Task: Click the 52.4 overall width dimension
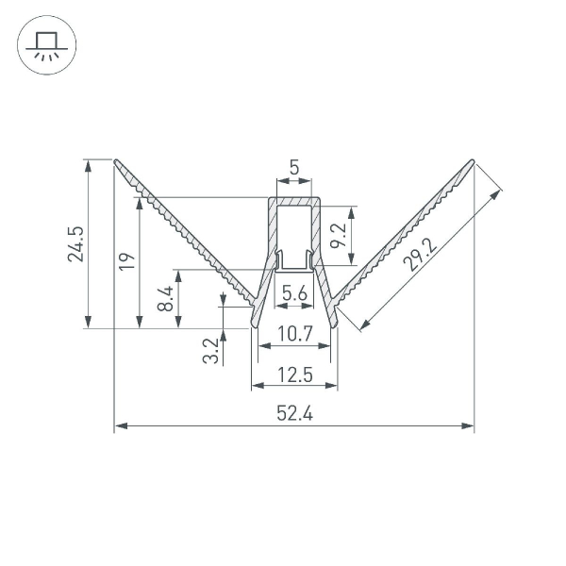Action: tap(294, 412)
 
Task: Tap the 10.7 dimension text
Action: tap(294, 333)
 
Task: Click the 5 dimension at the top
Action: tap(294, 168)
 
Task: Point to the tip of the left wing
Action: tap(116, 161)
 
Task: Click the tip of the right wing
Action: tap(472, 161)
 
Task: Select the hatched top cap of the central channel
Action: tap(294, 201)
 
